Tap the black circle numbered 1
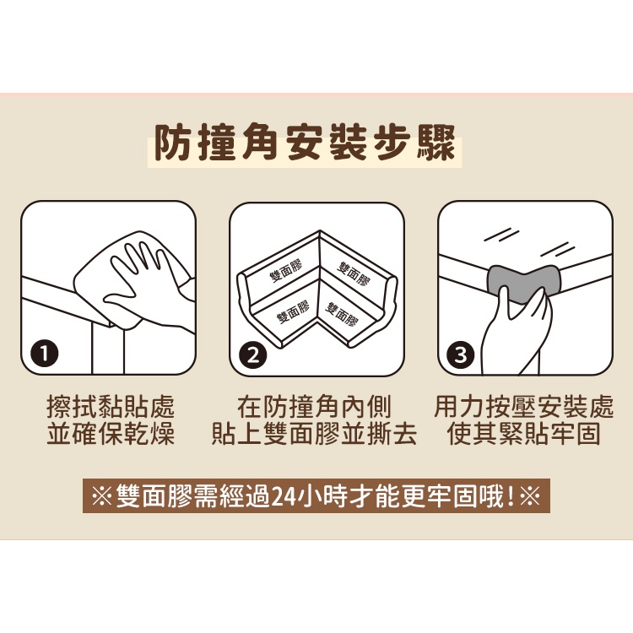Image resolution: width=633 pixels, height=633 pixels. click(x=45, y=354)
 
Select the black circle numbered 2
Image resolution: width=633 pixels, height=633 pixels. click(x=253, y=355)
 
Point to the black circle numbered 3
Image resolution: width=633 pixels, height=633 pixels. click(x=460, y=354)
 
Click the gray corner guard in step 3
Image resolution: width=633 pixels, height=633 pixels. click(x=522, y=283)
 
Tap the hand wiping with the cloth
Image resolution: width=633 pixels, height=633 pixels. click(x=149, y=283)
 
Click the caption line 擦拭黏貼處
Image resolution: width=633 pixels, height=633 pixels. click(x=111, y=407)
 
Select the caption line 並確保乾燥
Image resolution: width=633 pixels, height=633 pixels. click(x=111, y=434)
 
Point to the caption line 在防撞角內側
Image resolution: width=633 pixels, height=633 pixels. click(x=314, y=407)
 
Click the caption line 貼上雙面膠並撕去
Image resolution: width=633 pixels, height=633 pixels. click(x=314, y=434)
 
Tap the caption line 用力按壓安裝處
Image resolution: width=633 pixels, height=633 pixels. click(x=524, y=407)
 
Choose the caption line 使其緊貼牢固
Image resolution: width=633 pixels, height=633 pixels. click(x=524, y=434)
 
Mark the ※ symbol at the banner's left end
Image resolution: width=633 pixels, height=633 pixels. click(x=102, y=496)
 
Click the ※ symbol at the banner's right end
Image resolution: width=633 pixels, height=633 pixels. click(x=530, y=496)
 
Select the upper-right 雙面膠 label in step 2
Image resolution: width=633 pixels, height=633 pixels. click(x=354, y=273)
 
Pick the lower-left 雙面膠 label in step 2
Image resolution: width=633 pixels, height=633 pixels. click(x=294, y=311)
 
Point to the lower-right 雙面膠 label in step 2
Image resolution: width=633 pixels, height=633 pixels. click(x=342, y=315)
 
